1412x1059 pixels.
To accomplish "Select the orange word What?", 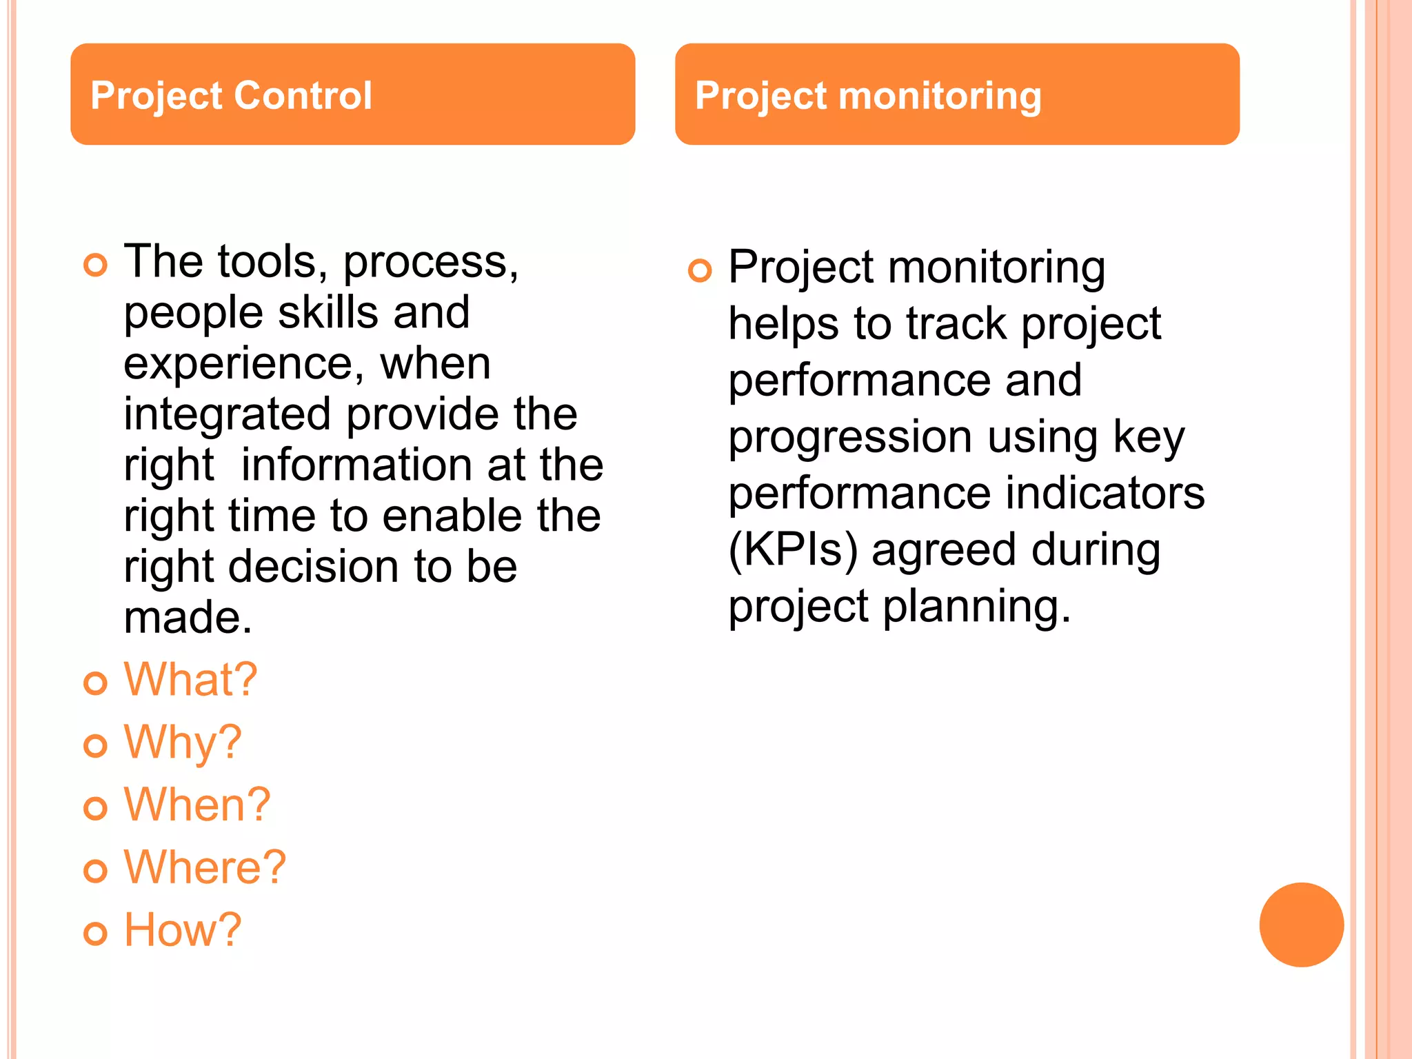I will (190, 680).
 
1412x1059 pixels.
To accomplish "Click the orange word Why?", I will (183, 743).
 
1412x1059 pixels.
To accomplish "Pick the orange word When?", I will (197, 805).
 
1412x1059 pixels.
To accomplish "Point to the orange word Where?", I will (205, 867).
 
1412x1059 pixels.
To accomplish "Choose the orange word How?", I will (183, 930).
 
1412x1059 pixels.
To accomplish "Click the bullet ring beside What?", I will (95, 683).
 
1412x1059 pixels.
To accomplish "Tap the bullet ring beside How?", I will (95, 934).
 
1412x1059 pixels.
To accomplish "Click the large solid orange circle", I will (1301, 925).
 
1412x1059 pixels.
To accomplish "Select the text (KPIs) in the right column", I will (793, 549).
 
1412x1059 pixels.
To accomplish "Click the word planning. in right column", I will (977, 606).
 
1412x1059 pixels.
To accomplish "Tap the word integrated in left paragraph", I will (228, 414).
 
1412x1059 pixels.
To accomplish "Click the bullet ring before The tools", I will (95, 265).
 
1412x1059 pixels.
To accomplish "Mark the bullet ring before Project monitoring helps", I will (700, 270).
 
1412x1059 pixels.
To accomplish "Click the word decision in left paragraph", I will (314, 566).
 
